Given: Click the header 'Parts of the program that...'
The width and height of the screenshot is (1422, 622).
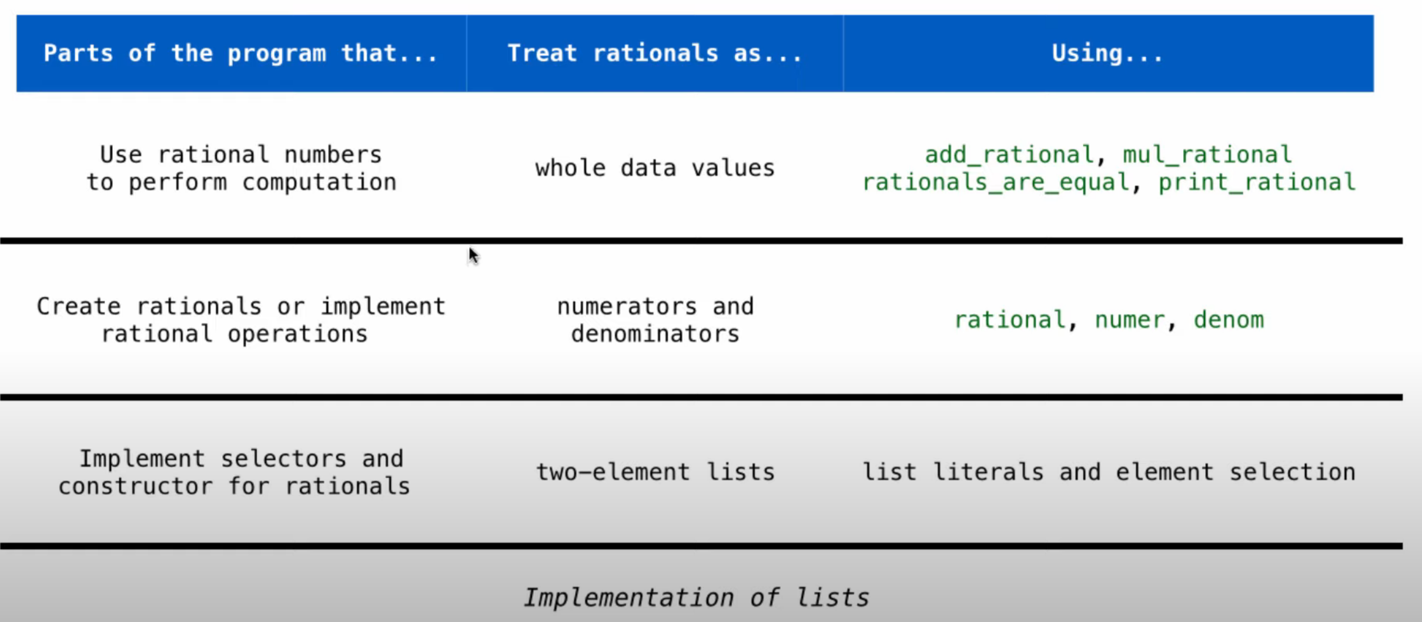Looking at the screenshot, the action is click(241, 53).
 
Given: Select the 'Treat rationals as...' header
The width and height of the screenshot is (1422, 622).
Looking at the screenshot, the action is click(655, 53).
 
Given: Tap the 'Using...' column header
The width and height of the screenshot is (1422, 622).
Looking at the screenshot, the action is click(1108, 53).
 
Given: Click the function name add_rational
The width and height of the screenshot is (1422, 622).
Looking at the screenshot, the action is click(1009, 155).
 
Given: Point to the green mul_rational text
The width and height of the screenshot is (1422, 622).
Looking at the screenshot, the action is click(1207, 155).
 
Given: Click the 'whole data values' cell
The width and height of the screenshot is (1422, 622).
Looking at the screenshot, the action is click(655, 169).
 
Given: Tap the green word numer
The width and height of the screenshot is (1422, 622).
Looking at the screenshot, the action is click(1129, 320).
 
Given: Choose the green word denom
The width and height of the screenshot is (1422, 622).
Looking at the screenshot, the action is click(1229, 320).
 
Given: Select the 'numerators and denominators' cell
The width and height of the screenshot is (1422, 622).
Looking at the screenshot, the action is click(655, 320).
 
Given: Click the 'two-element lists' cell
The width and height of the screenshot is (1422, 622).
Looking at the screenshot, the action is click(655, 472).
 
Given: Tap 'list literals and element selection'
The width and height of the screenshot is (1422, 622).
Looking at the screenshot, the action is click(1109, 472).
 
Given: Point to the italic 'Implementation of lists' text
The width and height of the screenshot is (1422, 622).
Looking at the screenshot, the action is click(696, 598).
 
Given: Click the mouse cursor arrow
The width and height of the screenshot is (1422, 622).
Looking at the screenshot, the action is click(474, 256).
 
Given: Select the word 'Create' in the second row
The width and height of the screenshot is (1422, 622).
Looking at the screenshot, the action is click(79, 307).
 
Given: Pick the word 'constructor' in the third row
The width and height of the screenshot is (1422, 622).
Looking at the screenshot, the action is click(135, 487).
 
